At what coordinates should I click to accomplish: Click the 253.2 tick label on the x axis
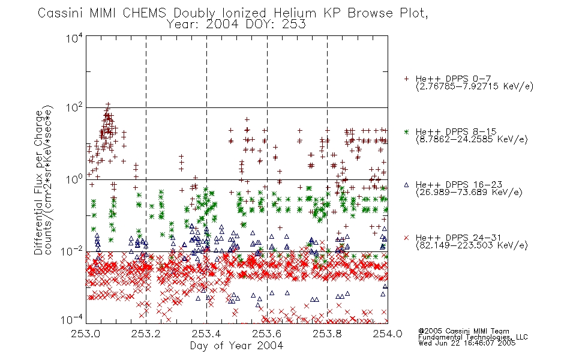point(146,334)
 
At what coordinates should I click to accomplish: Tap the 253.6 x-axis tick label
point(267,334)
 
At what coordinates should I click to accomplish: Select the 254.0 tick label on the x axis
point(388,334)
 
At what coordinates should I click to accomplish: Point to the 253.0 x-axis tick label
point(85,334)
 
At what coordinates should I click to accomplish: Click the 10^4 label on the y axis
point(74,38)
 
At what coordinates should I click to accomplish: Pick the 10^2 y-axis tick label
point(74,108)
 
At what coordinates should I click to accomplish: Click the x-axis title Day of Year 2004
point(236,346)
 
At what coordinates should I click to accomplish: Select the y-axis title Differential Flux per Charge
point(39,182)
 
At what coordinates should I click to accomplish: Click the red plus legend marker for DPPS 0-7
point(406,79)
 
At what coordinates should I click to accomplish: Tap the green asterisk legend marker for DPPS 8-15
point(406,131)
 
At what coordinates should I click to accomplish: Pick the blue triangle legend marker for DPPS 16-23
point(406,185)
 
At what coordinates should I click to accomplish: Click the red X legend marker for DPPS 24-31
point(406,238)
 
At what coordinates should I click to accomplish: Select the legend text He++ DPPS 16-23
point(459,185)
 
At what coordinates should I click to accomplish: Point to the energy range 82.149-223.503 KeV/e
point(472,245)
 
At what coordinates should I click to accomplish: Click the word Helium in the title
point(295,13)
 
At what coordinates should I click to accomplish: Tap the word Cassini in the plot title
point(61,13)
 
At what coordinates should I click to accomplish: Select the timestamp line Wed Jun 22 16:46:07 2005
point(467,343)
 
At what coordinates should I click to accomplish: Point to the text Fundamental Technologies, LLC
point(473,337)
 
